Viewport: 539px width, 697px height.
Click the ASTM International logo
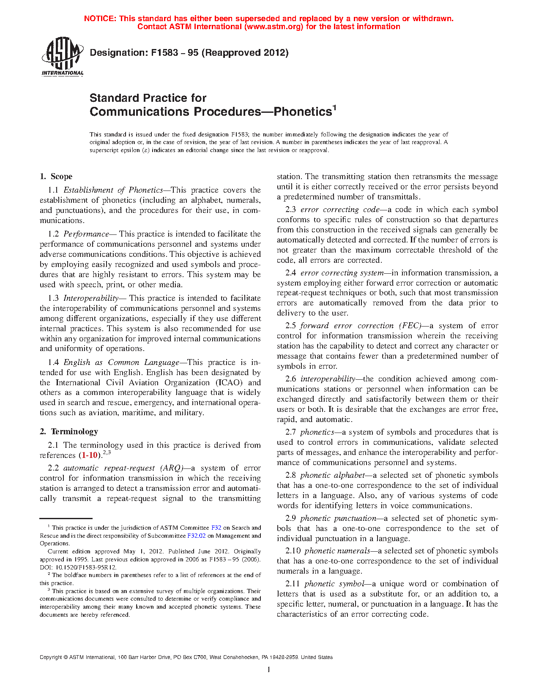point(62,56)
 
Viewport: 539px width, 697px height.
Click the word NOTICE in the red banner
point(100,19)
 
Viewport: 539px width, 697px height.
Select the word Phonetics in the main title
point(302,112)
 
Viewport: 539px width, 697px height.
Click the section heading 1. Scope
point(56,177)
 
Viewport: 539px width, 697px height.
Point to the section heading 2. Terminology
point(69,431)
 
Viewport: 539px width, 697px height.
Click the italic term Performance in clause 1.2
point(86,234)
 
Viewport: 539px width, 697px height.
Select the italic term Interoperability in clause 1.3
point(91,298)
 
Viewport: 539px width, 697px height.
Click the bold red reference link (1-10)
point(90,455)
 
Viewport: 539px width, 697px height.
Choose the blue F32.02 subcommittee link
point(196,536)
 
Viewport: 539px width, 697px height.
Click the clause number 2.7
point(290,432)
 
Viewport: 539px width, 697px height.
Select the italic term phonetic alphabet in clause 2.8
point(332,475)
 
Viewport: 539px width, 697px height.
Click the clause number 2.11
point(293,584)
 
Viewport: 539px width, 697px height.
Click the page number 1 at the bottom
point(269,670)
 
